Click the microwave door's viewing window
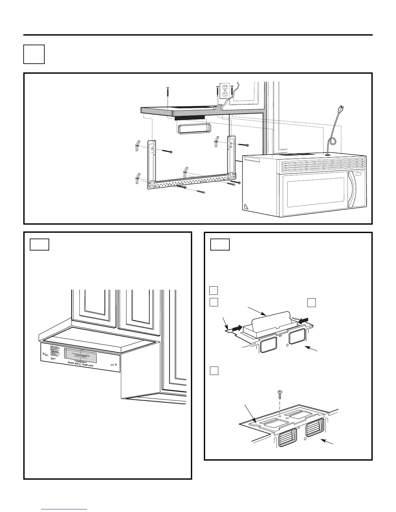315,193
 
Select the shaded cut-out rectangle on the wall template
80,355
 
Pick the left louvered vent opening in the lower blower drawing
288,437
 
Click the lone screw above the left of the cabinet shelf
168,92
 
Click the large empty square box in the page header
34,54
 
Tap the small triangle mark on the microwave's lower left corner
247,206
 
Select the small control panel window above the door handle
358,175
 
